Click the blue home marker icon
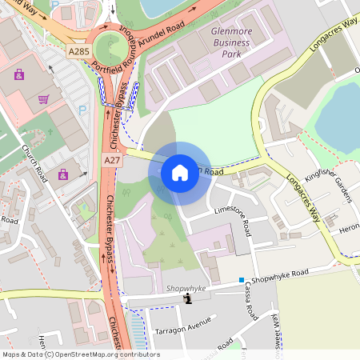coord(180,172)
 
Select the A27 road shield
coord(112,161)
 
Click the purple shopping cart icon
coord(44,99)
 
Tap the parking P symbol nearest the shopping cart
coord(81,110)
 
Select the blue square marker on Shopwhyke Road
coord(241,280)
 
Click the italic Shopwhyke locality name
coord(186,288)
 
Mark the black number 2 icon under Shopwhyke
coord(188,299)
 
